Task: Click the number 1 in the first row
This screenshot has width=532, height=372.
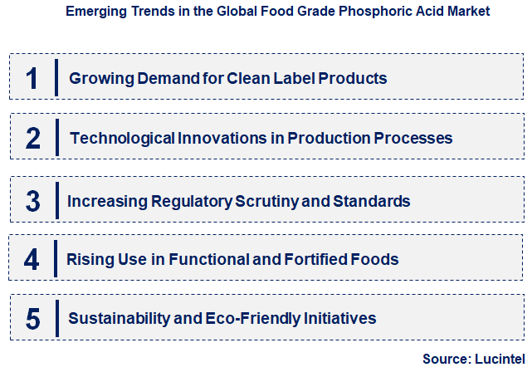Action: [32, 78]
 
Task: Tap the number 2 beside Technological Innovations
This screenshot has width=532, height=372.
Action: [33, 138]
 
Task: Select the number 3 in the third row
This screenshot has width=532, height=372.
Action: [33, 201]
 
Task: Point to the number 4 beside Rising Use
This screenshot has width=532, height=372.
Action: [32, 259]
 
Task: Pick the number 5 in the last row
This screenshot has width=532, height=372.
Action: [33, 318]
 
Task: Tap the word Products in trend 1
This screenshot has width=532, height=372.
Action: [353, 79]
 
